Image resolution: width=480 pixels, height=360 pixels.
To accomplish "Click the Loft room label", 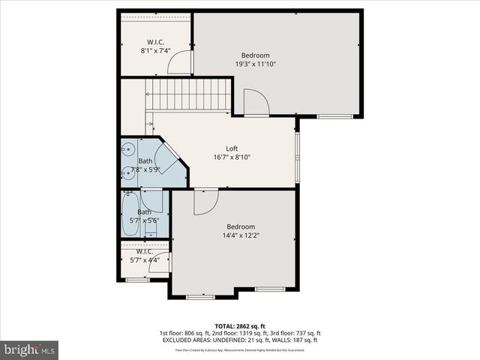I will pos(232,148).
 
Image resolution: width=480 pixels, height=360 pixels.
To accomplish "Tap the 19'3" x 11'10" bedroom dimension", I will pos(256,64).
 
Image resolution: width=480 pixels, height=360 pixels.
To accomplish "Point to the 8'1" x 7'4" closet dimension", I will pos(156,51).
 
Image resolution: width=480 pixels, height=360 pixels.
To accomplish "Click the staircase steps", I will pos(190,95).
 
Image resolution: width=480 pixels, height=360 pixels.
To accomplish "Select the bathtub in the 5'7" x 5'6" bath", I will pos(131,216).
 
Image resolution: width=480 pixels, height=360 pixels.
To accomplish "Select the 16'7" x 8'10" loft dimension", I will pos(232,157).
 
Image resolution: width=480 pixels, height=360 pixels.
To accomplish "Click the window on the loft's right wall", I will pos(297,156).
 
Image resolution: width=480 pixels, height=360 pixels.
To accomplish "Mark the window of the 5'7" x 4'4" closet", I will pos(137,280).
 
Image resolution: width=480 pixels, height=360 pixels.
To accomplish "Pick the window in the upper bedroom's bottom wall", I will pos(334,116).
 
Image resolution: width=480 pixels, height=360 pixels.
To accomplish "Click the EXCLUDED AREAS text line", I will pos(239,340).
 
